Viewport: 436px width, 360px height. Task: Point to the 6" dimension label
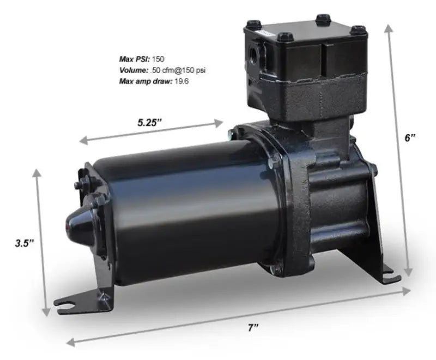[410, 138]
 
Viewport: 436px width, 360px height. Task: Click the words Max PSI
[134, 58]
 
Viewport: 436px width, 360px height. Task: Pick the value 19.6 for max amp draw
[181, 81]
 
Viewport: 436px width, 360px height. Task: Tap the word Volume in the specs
[134, 70]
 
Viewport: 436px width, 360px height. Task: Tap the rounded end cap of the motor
[77, 221]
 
